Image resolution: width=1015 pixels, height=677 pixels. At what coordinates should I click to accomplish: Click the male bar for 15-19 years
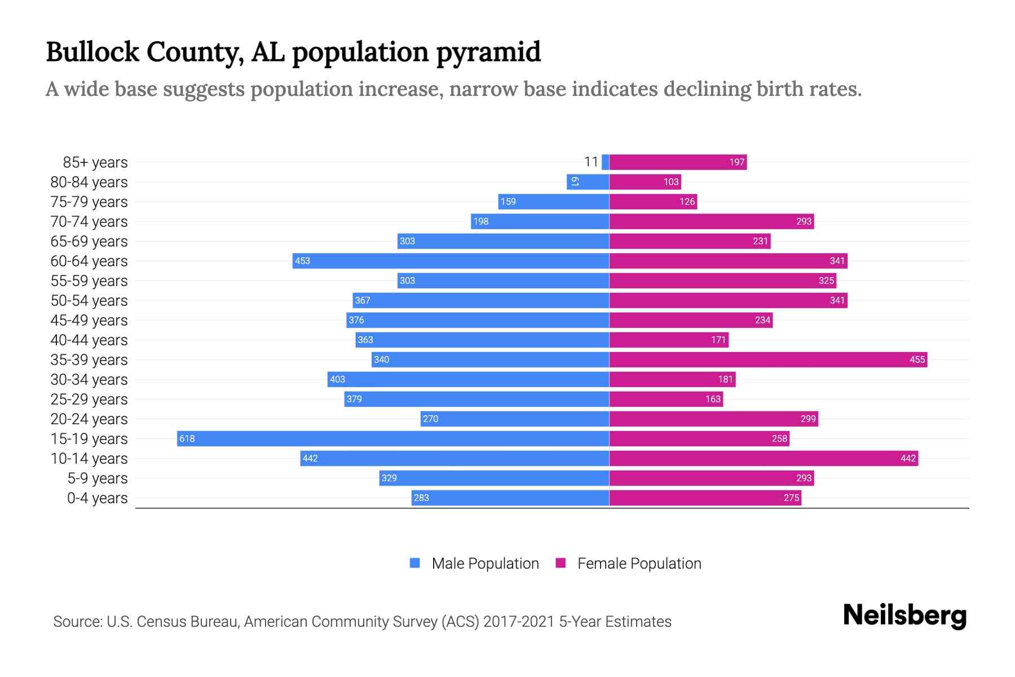pyautogui.click(x=393, y=438)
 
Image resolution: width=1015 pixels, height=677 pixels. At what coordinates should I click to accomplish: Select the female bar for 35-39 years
pyautogui.click(x=768, y=359)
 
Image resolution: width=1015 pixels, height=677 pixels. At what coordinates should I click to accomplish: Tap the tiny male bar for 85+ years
pyautogui.click(x=605, y=162)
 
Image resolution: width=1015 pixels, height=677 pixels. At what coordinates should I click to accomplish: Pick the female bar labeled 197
pyautogui.click(x=678, y=162)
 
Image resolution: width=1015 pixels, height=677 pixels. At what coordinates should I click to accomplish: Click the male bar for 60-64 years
pyautogui.click(x=451, y=261)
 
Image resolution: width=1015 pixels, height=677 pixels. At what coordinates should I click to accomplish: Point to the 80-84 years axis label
pyautogui.click(x=89, y=182)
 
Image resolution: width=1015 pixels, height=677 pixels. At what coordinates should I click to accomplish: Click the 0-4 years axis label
pyautogui.click(x=97, y=498)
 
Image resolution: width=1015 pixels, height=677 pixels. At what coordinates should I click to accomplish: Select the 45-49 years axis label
pyautogui.click(x=89, y=320)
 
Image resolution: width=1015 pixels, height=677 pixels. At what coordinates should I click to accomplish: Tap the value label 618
pyautogui.click(x=187, y=438)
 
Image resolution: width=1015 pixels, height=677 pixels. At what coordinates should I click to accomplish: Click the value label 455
pyautogui.click(x=917, y=359)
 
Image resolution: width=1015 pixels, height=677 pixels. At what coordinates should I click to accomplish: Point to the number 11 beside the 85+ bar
pyautogui.click(x=590, y=162)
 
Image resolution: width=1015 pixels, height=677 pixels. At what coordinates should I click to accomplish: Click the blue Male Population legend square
pyautogui.click(x=415, y=563)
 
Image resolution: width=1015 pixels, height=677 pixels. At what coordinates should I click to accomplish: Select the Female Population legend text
pyautogui.click(x=639, y=563)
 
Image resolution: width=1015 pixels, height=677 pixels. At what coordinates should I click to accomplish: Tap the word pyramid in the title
pyautogui.click(x=488, y=52)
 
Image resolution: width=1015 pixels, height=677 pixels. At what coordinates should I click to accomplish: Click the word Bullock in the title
pyautogui.click(x=92, y=52)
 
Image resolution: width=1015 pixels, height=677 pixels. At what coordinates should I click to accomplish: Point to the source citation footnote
pyautogui.click(x=362, y=621)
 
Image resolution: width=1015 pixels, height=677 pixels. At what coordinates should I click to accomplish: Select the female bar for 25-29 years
pyautogui.click(x=666, y=399)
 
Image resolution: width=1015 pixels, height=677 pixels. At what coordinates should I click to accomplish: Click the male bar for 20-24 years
pyautogui.click(x=514, y=419)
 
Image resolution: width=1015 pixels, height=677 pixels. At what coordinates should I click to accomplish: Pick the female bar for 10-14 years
pyautogui.click(x=764, y=458)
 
